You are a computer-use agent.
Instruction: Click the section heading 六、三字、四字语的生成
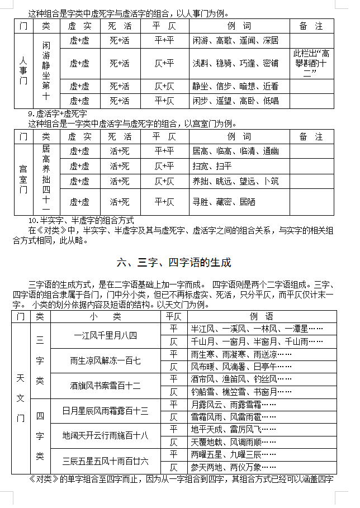[174, 262]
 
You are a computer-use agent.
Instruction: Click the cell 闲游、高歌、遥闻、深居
[235, 41]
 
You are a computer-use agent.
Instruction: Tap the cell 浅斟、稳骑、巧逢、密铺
[235, 64]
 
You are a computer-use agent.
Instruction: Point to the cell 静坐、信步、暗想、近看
[235, 86]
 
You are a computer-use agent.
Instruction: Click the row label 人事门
[23, 70]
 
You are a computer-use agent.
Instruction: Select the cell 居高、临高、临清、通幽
[235, 151]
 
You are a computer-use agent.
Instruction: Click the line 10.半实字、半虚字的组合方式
[81, 220]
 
